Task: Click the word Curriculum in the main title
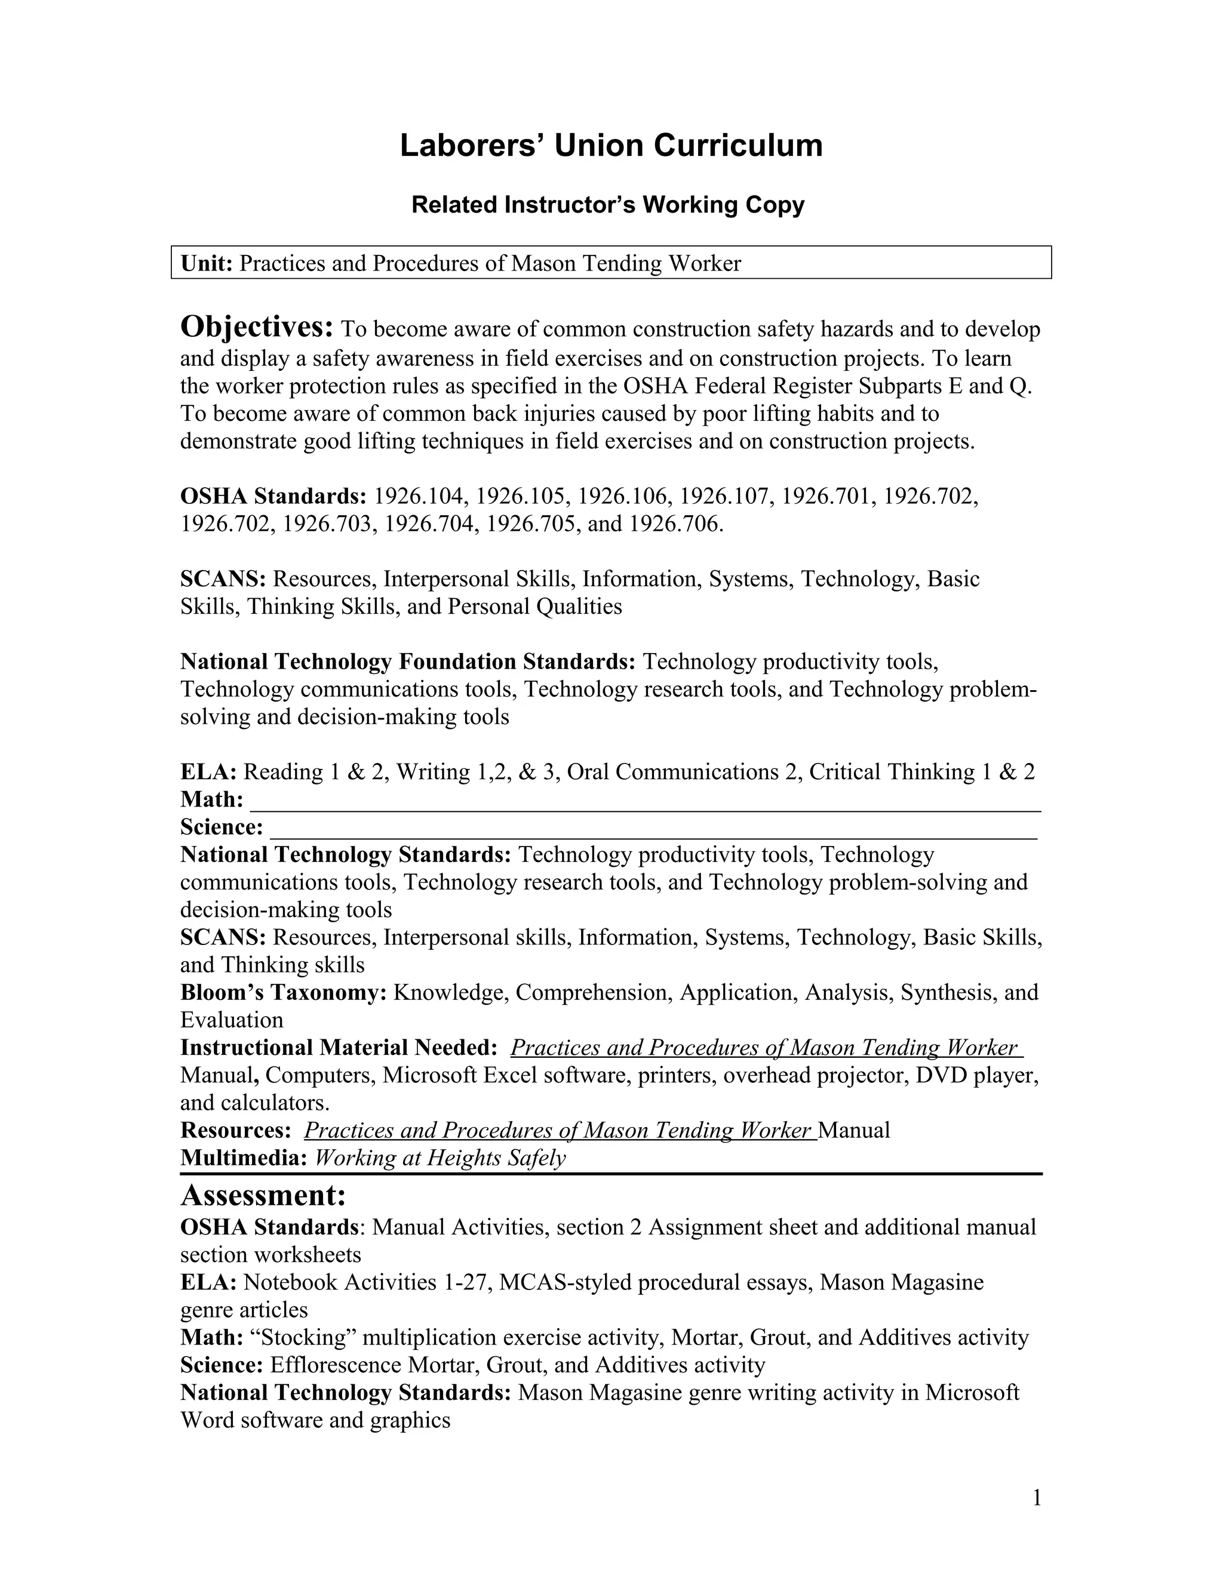(738, 146)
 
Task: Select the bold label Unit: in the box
(207, 263)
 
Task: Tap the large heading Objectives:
(256, 327)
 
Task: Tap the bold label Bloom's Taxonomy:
(283, 992)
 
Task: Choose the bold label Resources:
(235, 1130)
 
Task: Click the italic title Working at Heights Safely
(440, 1158)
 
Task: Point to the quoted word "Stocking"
(305, 1337)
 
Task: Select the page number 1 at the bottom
(1036, 1497)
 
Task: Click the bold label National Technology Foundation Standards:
(408, 661)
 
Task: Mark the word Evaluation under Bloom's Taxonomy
(232, 1020)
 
